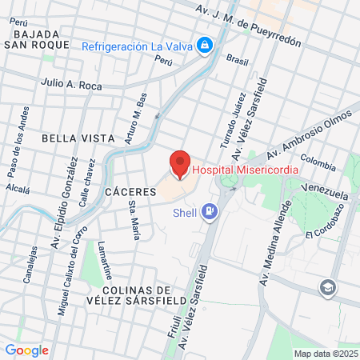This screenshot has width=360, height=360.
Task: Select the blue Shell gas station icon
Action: click(x=210, y=211)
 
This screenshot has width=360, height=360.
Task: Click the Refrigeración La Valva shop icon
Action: click(x=205, y=45)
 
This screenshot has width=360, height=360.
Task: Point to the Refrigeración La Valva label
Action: click(x=138, y=46)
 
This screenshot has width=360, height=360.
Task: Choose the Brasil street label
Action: click(x=238, y=59)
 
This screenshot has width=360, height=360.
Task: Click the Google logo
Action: click(x=26, y=350)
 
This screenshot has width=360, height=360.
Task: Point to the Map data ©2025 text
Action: click(x=325, y=354)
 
